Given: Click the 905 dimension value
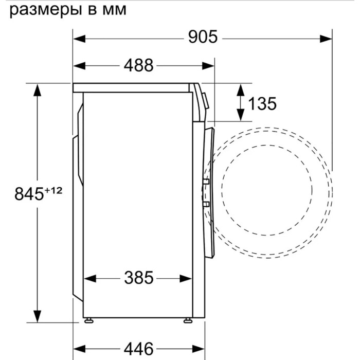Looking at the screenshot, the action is (203, 37).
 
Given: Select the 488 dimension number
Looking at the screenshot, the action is (138, 65).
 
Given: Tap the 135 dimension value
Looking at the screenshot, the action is (262, 104).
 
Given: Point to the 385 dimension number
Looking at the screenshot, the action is (139, 278).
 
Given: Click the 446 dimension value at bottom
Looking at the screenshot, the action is (138, 349).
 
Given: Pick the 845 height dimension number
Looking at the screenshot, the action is (29, 194).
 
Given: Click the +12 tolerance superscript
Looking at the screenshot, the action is (53, 190).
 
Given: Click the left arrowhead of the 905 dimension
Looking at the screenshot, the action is (79, 39).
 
